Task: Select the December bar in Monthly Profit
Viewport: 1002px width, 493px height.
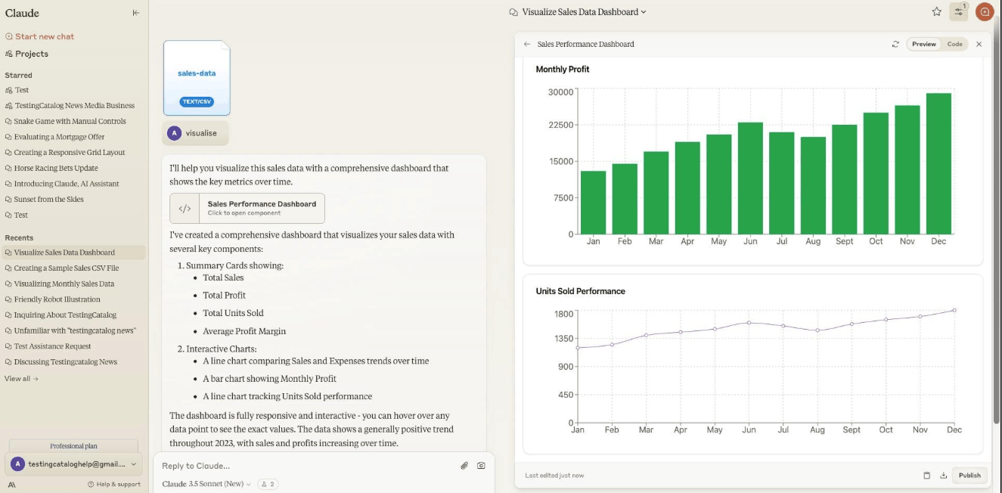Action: tap(938, 164)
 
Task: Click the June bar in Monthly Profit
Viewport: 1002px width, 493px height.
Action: tap(750, 178)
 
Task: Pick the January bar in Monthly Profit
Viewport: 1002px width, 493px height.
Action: tap(593, 203)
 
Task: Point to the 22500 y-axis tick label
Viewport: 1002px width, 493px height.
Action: tap(560, 125)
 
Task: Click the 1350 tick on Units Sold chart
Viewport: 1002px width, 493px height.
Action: tap(563, 339)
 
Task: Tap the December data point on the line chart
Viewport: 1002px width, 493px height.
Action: tap(954, 310)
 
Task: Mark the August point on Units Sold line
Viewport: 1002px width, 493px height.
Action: tap(817, 330)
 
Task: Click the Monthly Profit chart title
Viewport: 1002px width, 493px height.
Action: tap(563, 70)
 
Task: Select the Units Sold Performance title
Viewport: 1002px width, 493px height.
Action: tap(580, 291)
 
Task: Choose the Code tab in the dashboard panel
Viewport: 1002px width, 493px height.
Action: tap(954, 44)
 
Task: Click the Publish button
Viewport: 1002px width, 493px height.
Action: tap(969, 475)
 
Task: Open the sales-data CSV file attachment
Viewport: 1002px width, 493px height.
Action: tap(197, 78)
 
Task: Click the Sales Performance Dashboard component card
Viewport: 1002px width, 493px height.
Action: tap(247, 208)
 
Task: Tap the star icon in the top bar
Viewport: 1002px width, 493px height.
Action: tap(936, 12)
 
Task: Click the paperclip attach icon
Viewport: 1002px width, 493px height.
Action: tap(464, 466)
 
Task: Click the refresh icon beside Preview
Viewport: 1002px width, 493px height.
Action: tap(895, 44)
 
